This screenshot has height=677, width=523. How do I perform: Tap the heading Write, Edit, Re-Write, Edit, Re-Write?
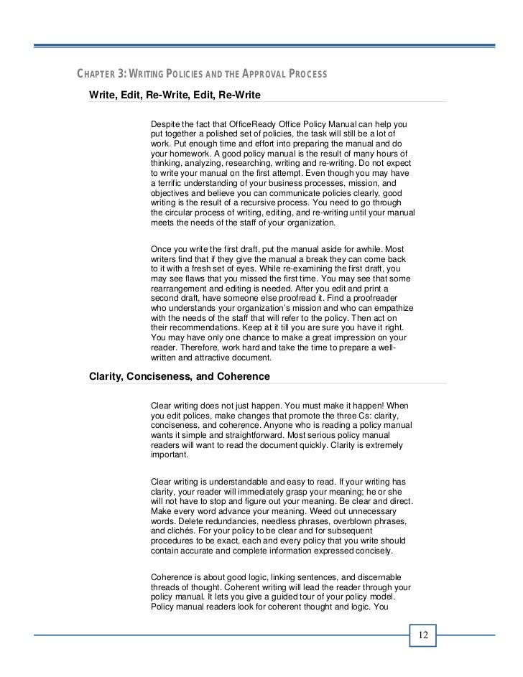coord(174,95)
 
